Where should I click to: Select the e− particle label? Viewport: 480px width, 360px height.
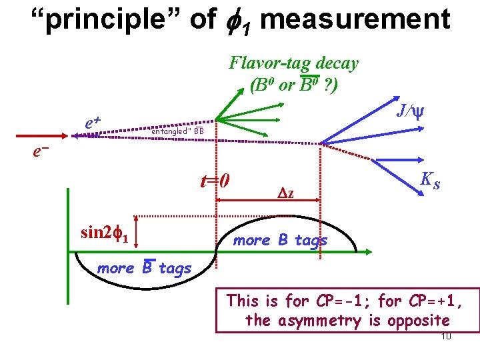point(42,152)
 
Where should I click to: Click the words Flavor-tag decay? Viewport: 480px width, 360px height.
point(293,63)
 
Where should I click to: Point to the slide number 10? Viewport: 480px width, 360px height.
point(446,336)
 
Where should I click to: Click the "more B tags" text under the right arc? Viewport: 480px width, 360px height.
point(280,240)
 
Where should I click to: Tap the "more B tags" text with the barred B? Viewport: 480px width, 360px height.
point(144,268)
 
